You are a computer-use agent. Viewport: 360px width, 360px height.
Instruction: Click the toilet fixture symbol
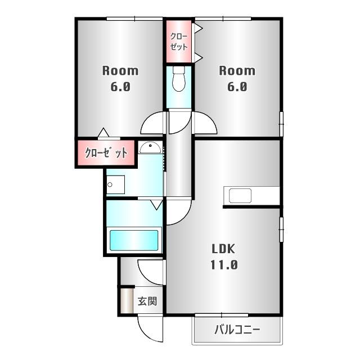tap(179, 79)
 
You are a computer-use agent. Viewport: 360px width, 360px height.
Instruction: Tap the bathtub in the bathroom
tap(134, 240)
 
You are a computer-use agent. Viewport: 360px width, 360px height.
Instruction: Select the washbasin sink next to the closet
tap(150, 147)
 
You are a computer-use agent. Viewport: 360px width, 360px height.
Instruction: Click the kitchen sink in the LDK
tap(240, 196)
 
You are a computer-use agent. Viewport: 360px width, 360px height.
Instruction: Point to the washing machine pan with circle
tap(116, 185)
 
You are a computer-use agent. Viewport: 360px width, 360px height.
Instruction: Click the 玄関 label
tap(147, 301)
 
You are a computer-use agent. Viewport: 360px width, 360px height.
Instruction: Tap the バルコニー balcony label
tap(237, 330)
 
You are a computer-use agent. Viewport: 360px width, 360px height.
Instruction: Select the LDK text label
tap(223, 249)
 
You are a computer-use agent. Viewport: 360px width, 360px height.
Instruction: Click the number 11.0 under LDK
tap(224, 265)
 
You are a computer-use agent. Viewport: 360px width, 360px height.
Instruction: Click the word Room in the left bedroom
tap(120, 71)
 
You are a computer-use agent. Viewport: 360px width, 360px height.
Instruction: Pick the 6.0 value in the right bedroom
tap(237, 87)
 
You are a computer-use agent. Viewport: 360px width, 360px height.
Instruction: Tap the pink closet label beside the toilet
tap(179, 42)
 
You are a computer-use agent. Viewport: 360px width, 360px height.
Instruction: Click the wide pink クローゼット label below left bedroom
tap(106, 152)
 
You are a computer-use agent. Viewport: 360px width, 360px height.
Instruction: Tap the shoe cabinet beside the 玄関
tap(127, 300)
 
